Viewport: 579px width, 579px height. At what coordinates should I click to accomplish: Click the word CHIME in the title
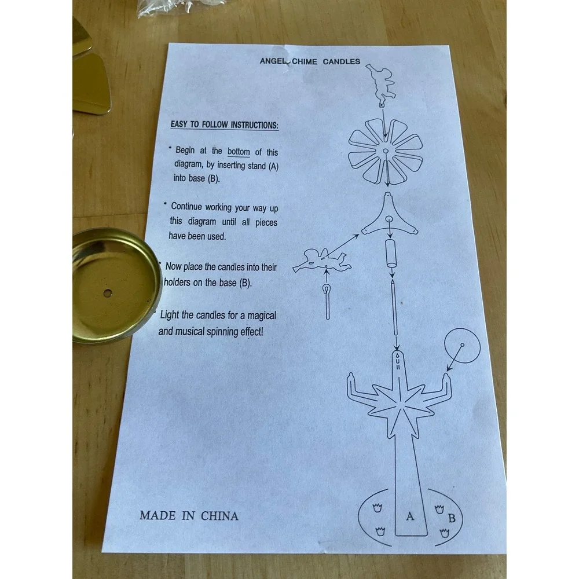(305, 61)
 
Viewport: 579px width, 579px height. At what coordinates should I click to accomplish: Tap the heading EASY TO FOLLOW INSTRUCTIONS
(224, 124)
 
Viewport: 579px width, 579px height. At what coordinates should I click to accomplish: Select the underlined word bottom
(239, 151)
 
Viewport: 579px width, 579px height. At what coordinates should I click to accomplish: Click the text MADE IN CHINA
(189, 515)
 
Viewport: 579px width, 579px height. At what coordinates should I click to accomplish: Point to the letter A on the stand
(410, 516)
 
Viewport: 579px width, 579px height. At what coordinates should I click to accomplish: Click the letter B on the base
(452, 518)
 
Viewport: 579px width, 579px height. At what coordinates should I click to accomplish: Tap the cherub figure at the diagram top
(381, 84)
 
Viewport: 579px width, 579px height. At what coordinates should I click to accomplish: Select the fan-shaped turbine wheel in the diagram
(386, 151)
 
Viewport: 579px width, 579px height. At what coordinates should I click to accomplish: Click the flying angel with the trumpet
(321, 261)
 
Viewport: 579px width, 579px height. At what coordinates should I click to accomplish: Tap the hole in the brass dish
(108, 294)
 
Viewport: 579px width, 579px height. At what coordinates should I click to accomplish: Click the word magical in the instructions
(262, 316)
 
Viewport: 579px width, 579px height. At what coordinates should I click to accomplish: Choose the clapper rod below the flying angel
(327, 302)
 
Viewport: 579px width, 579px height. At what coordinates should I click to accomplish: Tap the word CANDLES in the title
(342, 61)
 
